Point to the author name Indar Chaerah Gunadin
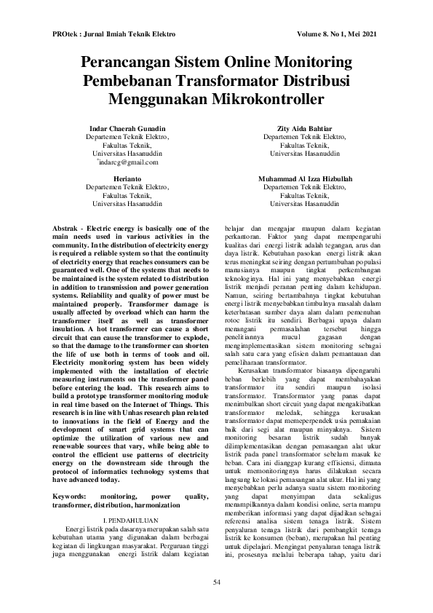pyautogui.click(x=127, y=128)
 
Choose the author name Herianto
pyautogui.click(x=127, y=178)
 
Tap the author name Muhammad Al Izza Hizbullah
pyautogui.click(x=304, y=178)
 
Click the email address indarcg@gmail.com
pyautogui.click(x=128, y=162)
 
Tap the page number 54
pyautogui.click(x=216, y=581)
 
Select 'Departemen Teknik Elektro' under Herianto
pyautogui.click(x=127, y=187)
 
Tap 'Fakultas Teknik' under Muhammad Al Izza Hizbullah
pyautogui.click(x=304, y=196)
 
